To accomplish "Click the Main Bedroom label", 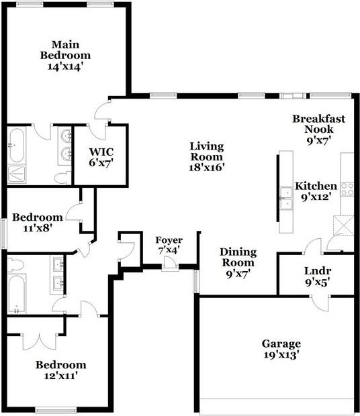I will click(x=65, y=55).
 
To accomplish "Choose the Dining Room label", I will click(x=238, y=262).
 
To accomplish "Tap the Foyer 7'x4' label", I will click(x=169, y=245).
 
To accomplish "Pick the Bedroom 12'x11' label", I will click(x=60, y=370).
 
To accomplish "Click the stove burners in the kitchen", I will click(x=347, y=189).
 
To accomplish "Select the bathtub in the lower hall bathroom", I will click(x=15, y=293).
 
